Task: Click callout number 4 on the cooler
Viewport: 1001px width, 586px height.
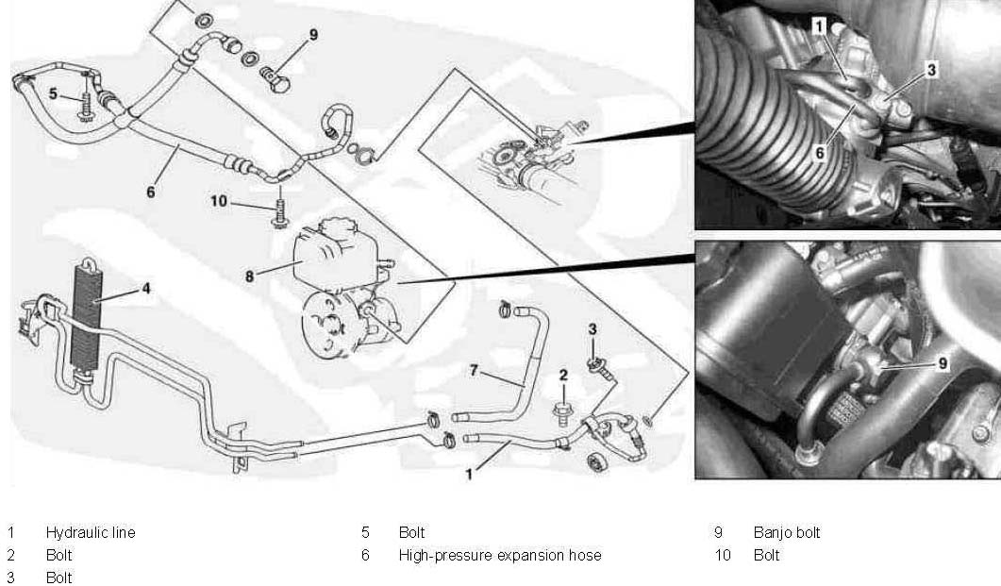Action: click(145, 290)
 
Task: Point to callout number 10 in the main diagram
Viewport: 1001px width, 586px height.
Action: click(219, 201)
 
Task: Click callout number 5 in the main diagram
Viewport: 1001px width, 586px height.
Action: click(54, 93)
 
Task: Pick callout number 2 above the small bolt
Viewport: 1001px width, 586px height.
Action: click(563, 376)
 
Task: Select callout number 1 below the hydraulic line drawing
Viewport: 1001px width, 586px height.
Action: click(469, 475)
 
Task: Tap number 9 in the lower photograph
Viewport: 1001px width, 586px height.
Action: click(943, 361)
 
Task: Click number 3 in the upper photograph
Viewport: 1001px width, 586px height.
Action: click(930, 69)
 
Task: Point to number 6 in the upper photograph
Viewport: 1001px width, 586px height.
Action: click(821, 149)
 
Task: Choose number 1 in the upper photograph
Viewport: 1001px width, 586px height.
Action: click(820, 27)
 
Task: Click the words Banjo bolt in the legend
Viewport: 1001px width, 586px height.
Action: click(787, 532)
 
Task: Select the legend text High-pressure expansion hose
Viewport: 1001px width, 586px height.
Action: click(499, 555)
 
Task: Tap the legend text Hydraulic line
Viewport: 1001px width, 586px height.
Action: click(91, 532)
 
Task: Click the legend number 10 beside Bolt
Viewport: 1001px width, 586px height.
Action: click(723, 555)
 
